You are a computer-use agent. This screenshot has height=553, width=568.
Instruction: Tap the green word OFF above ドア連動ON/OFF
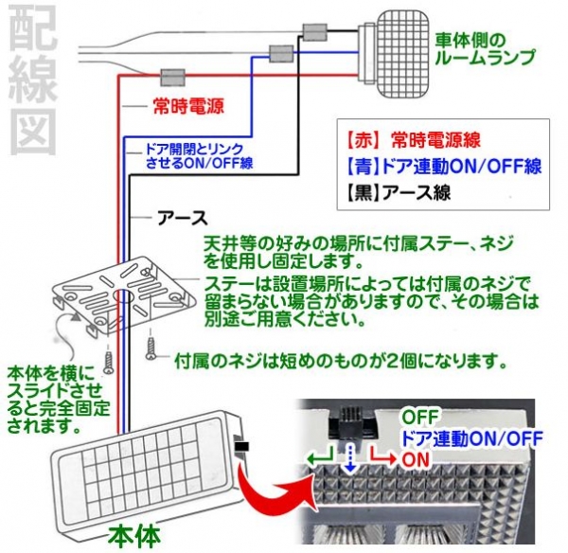(x=417, y=417)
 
